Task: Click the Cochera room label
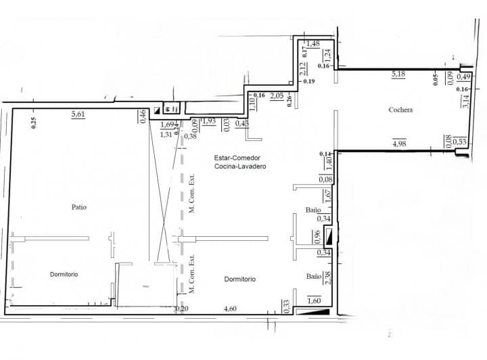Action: pos(401,110)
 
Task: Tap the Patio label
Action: pos(79,206)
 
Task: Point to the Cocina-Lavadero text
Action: pos(240,166)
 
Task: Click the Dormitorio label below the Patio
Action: pos(64,274)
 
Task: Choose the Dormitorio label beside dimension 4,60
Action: pos(239,279)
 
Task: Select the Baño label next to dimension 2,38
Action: pos(313,276)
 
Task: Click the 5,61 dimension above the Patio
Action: pos(79,115)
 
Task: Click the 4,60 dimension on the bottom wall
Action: pos(230,309)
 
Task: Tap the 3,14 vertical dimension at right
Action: pos(465,102)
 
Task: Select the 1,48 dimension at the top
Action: pos(313,44)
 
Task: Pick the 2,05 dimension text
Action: pos(276,96)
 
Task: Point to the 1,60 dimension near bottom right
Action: pos(313,301)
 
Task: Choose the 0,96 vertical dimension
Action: pos(316,237)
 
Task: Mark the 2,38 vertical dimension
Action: pos(328,278)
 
